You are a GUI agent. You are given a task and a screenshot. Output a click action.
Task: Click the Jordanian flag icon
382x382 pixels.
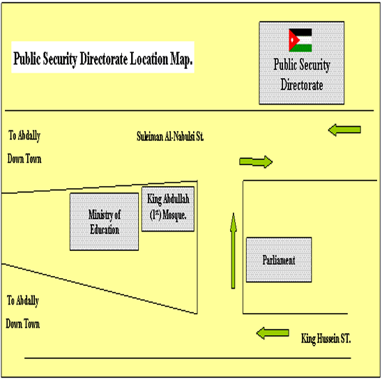(x=300, y=40)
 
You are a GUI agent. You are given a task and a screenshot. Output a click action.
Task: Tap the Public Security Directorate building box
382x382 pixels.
(x=302, y=63)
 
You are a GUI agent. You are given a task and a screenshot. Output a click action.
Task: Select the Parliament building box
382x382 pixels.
(x=279, y=260)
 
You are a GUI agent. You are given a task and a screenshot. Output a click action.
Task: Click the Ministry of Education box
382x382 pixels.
(x=105, y=222)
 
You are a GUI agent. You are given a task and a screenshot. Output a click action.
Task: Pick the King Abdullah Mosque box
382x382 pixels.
(x=168, y=209)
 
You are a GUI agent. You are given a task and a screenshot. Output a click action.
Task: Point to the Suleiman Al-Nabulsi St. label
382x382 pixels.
(x=170, y=137)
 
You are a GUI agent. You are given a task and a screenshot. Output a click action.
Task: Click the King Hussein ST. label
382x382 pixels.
(x=326, y=339)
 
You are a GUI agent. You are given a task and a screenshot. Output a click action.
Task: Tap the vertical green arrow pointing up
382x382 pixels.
(x=234, y=251)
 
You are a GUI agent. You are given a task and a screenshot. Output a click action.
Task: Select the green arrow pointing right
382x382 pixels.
(x=256, y=162)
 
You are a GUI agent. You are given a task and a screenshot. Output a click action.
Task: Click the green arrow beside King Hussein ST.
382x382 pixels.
(x=273, y=333)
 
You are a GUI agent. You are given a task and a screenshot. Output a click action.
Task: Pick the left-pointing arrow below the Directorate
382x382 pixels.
(x=344, y=130)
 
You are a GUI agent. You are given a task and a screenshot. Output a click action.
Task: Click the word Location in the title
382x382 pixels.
(x=149, y=59)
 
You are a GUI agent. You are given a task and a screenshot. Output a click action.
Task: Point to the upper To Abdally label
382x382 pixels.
(x=24, y=135)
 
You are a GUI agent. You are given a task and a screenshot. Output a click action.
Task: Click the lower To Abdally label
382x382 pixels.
(x=23, y=300)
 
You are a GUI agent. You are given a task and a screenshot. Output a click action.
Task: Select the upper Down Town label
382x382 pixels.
(x=24, y=159)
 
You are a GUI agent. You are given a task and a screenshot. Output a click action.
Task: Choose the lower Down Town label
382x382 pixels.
(x=23, y=324)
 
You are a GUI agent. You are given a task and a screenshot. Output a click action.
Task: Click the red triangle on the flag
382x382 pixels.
(x=293, y=40)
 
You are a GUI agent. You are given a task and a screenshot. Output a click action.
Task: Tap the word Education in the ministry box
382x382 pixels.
(x=105, y=229)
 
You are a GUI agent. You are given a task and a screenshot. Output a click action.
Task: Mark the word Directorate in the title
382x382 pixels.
(x=104, y=59)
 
